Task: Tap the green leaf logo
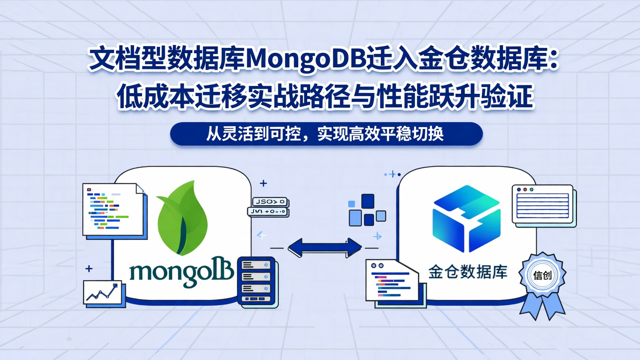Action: pos(182,218)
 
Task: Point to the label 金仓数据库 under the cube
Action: pos(468,272)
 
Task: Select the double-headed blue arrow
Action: pos(325,248)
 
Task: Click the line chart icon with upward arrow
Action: pos(102,293)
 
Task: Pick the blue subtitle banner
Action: pos(326,134)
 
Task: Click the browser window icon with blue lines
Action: pos(542,204)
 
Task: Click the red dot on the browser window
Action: pos(525,190)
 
